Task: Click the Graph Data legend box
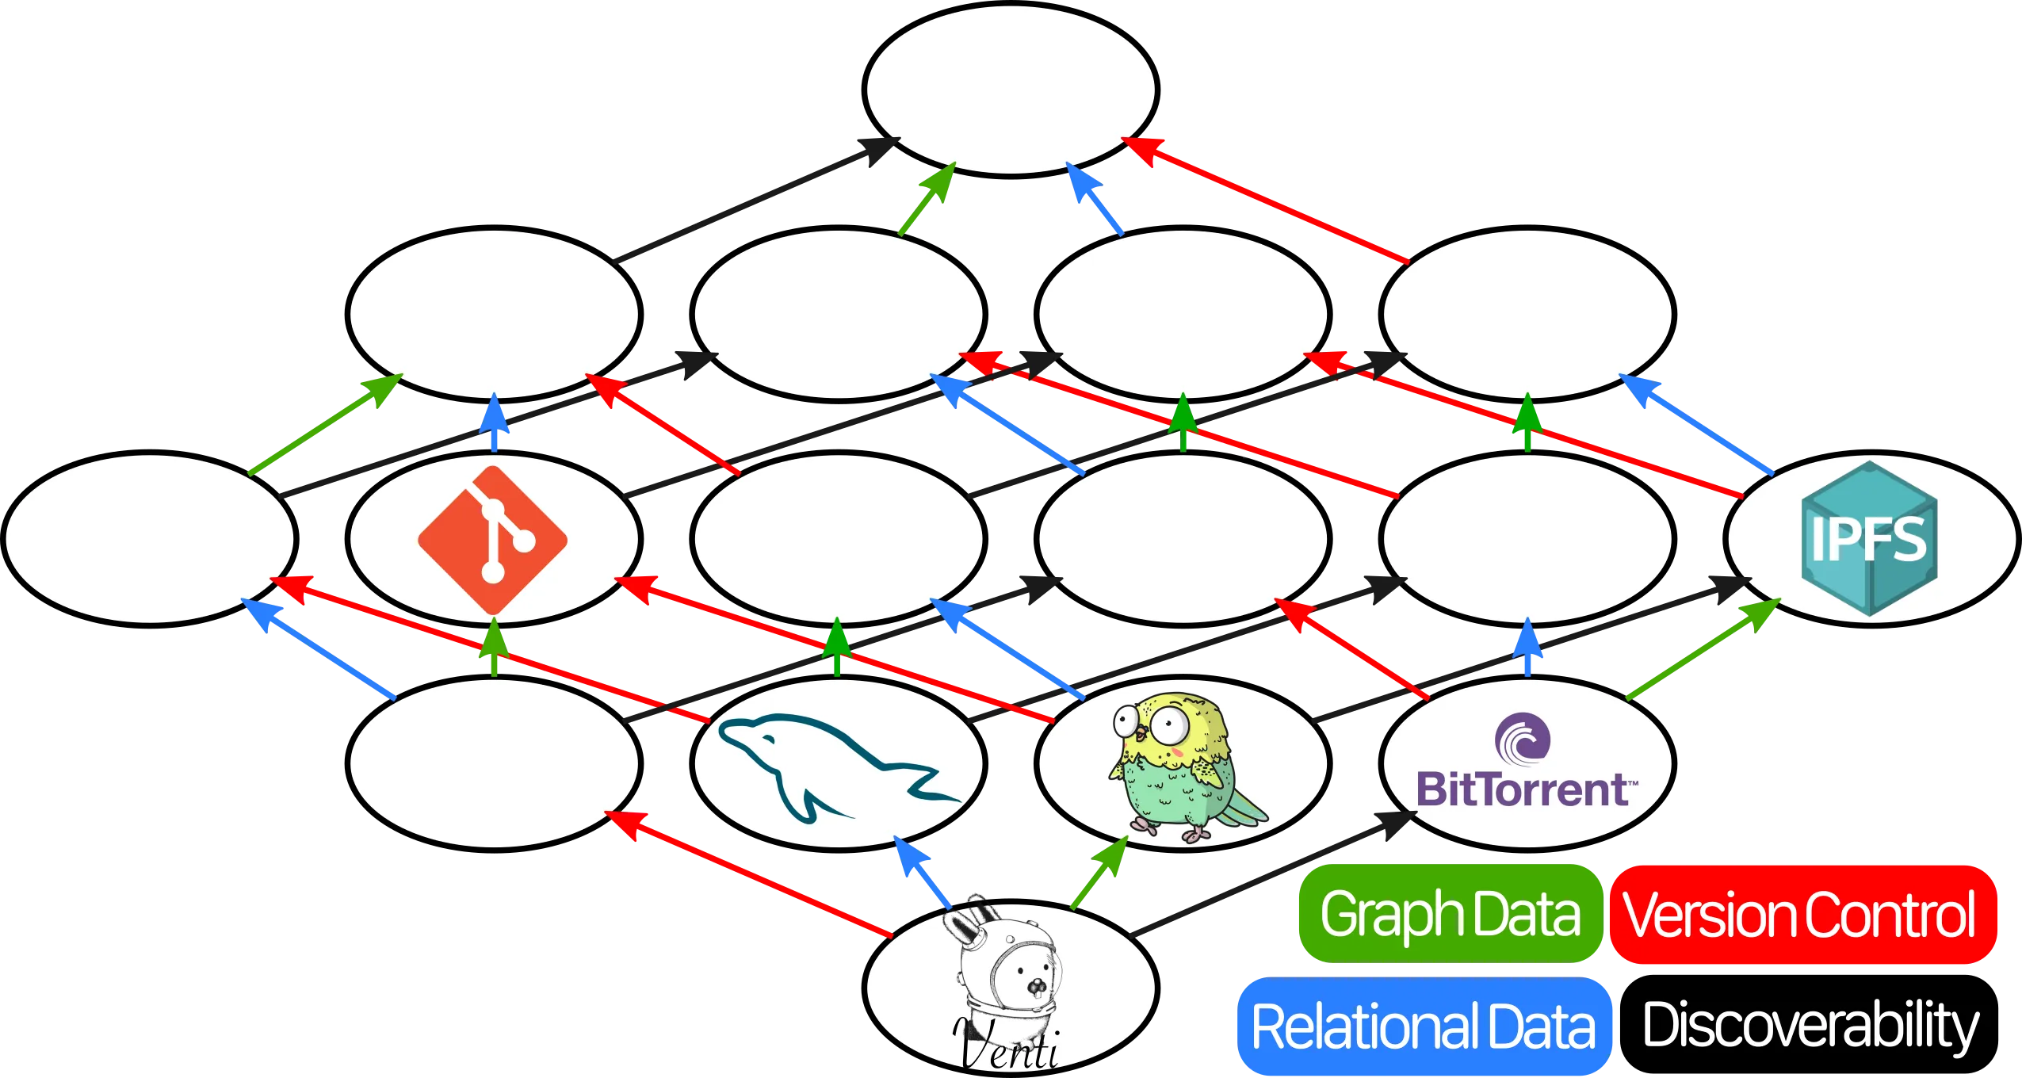click(x=1450, y=914)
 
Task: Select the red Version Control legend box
click(x=1800, y=914)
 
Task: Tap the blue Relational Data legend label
click(x=1423, y=1026)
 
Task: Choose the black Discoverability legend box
click(x=1810, y=1026)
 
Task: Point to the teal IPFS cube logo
click(x=1869, y=539)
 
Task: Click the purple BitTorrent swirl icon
click(x=1523, y=738)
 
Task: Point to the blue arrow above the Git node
click(x=494, y=424)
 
